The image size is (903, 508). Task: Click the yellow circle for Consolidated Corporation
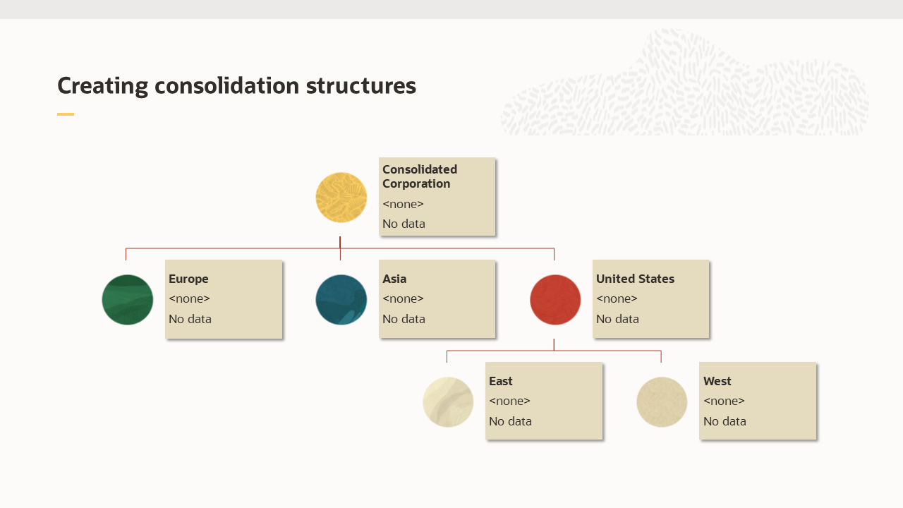point(341,198)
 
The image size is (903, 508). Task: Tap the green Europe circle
point(128,300)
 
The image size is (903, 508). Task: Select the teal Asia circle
point(341,300)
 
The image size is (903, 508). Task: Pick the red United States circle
point(555,300)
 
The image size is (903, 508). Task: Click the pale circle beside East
point(448,402)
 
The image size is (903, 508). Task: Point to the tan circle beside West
point(662,402)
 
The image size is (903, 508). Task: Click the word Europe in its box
point(188,279)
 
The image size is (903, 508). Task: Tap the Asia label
point(394,279)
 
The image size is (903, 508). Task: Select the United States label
point(635,279)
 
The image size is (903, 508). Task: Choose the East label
point(501,381)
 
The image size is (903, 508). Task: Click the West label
point(717,381)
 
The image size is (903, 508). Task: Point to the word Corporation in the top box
point(416,183)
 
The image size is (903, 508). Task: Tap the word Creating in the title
point(103,86)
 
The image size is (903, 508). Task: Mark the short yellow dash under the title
point(66,114)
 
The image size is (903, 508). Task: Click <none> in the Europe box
point(189,298)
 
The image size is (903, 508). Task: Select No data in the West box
point(725,421)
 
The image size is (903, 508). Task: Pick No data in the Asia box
point(404,319)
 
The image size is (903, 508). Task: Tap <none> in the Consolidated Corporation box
point(403,204)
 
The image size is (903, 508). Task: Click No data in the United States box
point(617,319)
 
